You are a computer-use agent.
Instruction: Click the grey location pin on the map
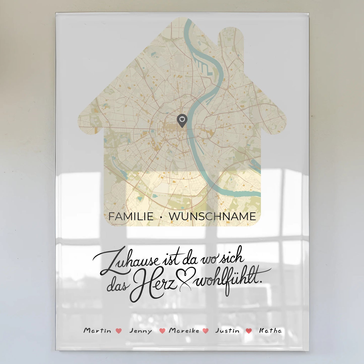182,120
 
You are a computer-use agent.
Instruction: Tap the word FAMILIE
131,217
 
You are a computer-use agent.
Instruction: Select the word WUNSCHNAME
212,217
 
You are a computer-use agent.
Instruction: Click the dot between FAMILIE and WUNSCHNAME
161,217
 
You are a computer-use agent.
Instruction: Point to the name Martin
97,330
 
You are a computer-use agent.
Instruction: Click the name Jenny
141,331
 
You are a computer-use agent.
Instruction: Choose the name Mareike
184,330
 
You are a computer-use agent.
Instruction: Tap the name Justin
227,330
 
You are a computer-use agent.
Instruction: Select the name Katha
270,330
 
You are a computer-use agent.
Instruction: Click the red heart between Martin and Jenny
119,331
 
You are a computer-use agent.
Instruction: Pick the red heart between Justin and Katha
249,331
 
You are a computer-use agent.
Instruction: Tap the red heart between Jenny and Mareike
162,331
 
